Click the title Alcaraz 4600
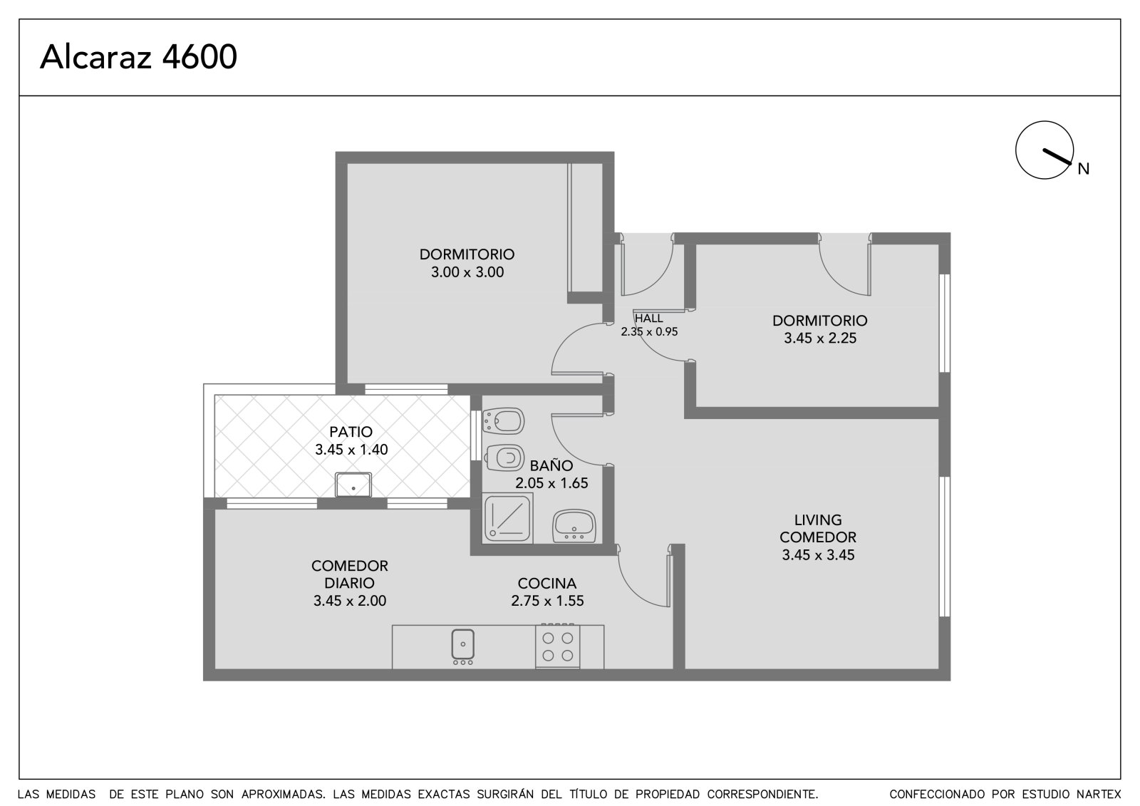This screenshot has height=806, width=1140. pyautogui.click(x=138, y=56)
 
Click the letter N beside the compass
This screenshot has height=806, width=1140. pyautogui.click(x=1084, y=169)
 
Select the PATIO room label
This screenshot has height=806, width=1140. pyautogui.click(x=351, y=432)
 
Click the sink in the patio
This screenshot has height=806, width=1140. pyautogui.click(x=353, y=485)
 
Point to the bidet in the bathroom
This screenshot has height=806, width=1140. pyautogui.click(x=503, y=420)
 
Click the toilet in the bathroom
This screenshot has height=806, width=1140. pyautogui.click(x=504, y=458)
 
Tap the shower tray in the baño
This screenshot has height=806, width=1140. pyautogui.click(x=507, y=518)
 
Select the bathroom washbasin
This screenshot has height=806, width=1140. pyautogui.click(x=574, y=526)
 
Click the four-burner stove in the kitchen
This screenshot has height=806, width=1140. pyautogui.click(x=557, y=646)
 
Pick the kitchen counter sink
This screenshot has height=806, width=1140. pyautogui.click(x=462, y=646)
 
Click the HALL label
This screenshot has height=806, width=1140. pyautogui.click(x=649, y=319)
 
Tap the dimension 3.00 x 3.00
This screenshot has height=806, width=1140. pyautogui.click(x=467, y=272)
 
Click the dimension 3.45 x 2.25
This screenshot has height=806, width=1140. pyautogui.click(x=820, y=338)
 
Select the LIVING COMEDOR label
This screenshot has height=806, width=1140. pyautogui.click(x=818, y=529)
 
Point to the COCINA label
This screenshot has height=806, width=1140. pyautogui.click(x=547, y=584)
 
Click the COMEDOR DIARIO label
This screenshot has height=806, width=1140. pyautogui.click(x=350, y=574)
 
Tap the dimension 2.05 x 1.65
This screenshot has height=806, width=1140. pyautogui.click(x=551, y=483)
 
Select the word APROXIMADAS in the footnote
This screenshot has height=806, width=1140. pyautogui.click(x=284, y=795)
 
